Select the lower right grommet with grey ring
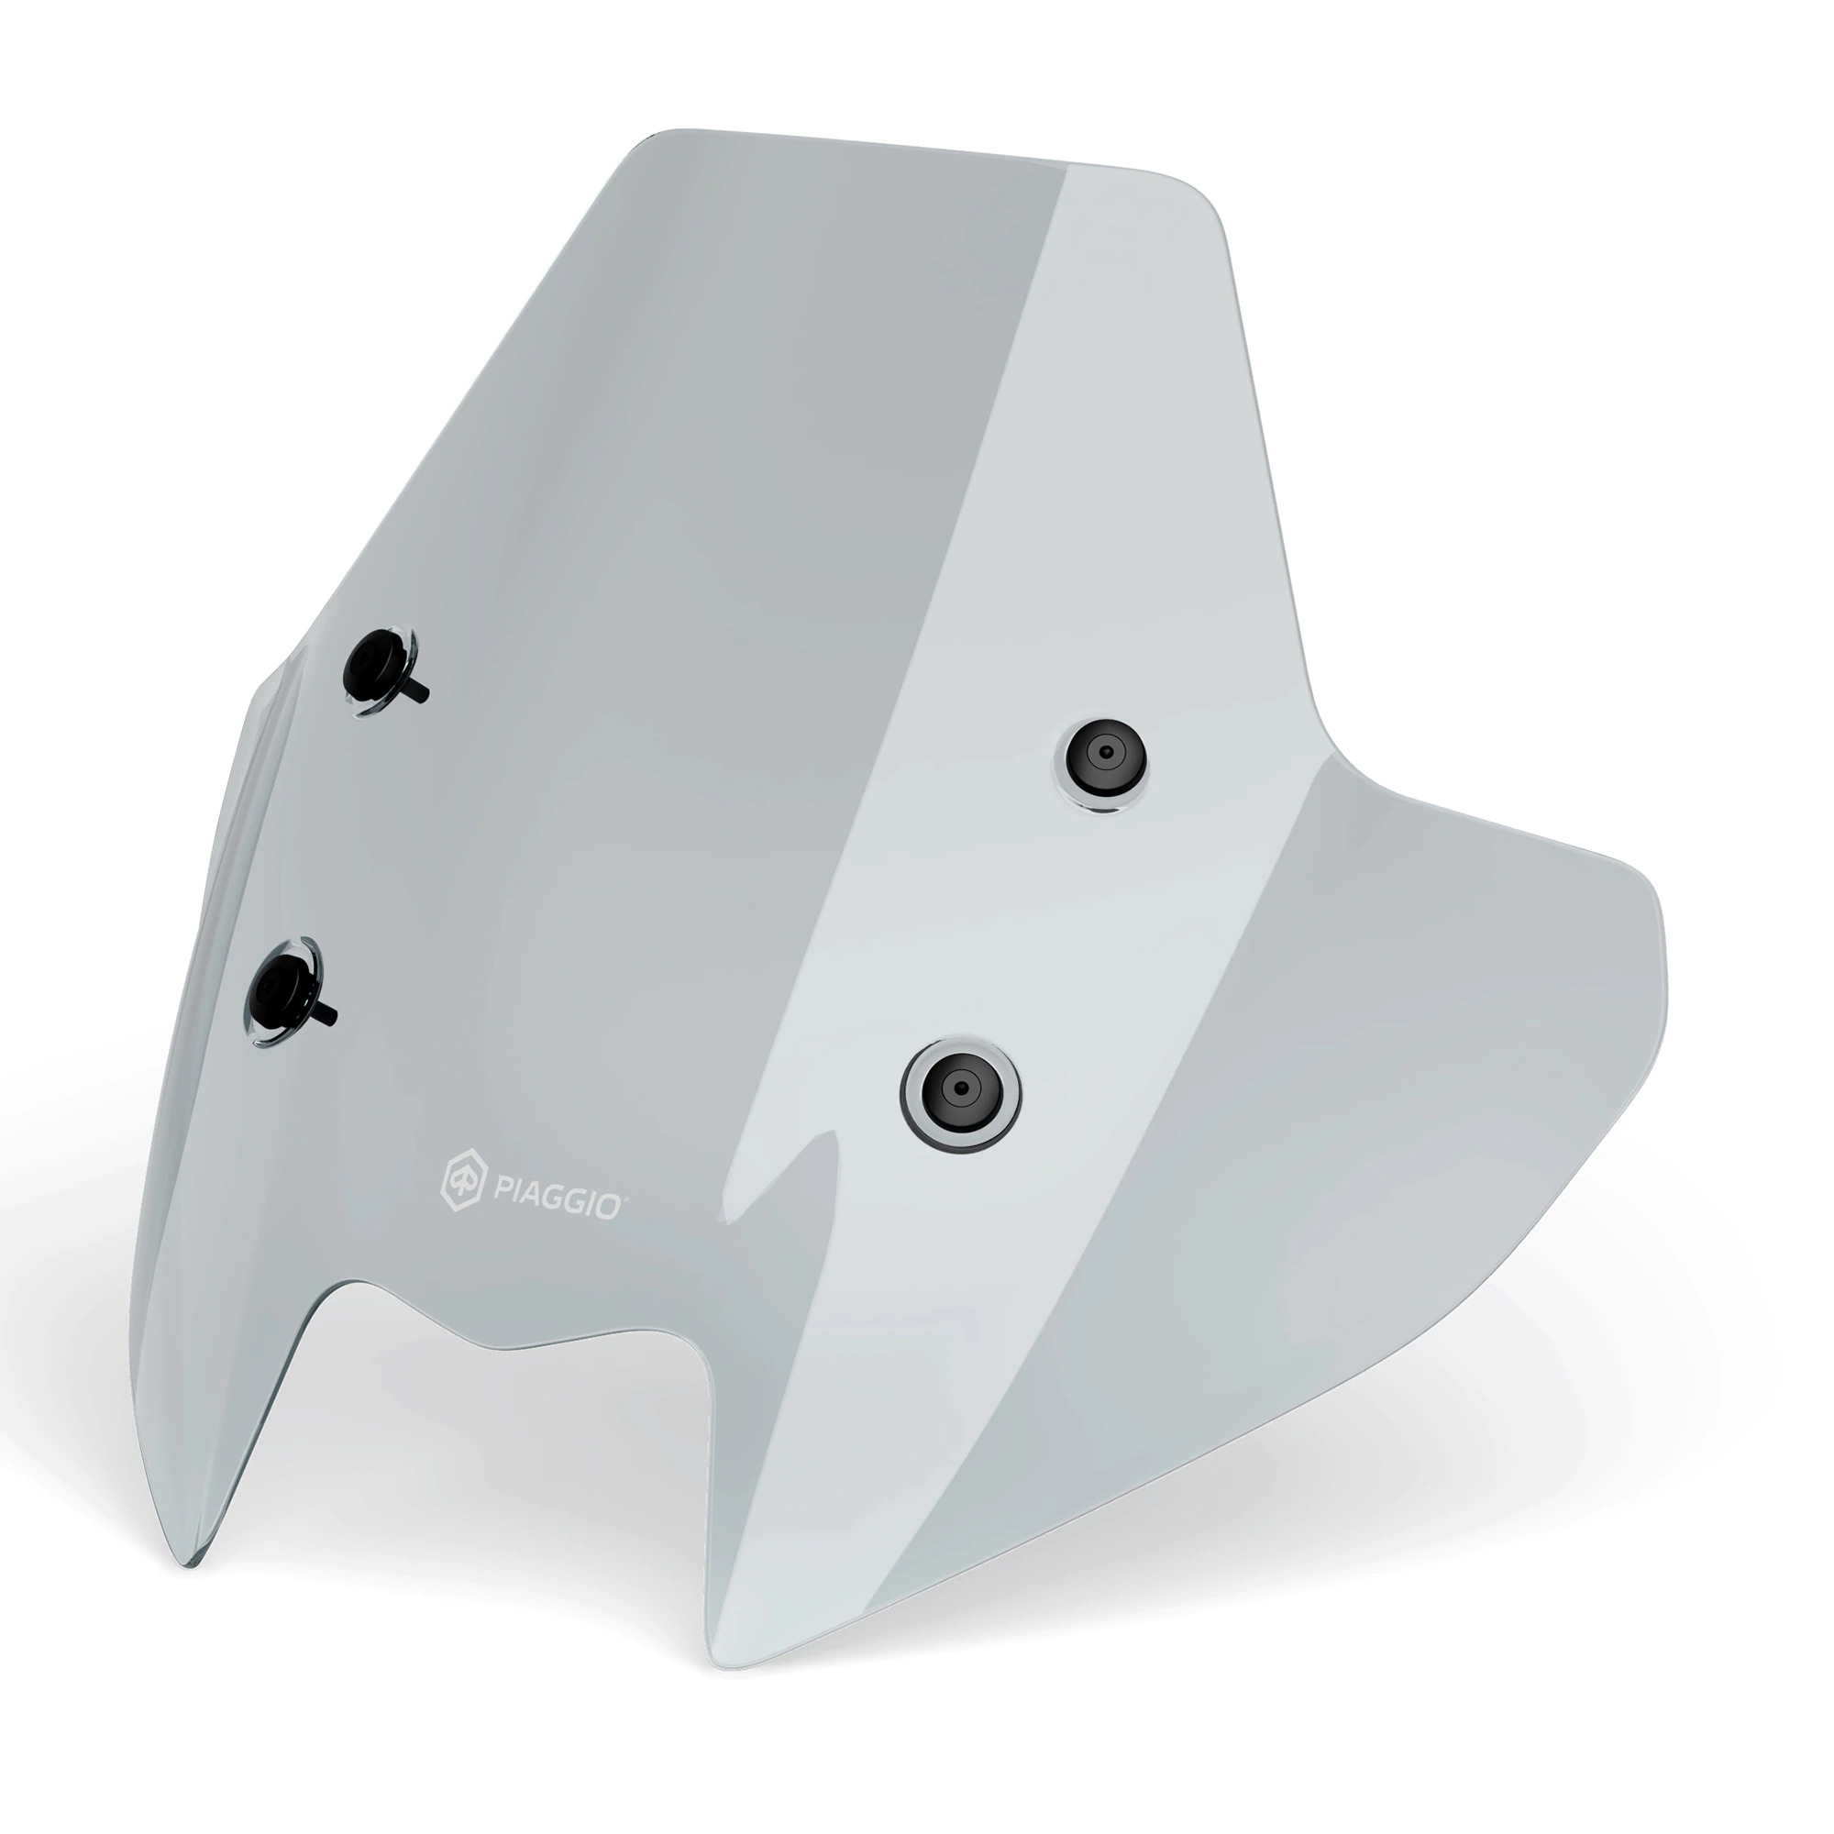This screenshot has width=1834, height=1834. point(961,1088)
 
